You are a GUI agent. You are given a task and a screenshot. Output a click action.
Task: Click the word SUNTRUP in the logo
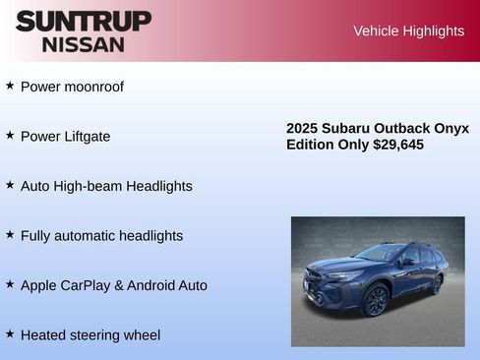point(84,21)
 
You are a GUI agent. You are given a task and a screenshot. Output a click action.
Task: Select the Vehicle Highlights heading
point(408,31)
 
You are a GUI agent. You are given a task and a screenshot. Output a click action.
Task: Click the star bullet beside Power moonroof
point(10,86)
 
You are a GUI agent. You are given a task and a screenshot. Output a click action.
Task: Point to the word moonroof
point(93,87)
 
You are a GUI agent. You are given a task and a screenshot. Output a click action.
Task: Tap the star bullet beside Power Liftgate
point(10,135)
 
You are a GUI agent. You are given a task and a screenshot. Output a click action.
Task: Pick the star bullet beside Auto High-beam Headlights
point(10,185)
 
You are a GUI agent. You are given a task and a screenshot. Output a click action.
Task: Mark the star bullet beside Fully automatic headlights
point(10,234)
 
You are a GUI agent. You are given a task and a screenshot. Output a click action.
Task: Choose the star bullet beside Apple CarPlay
point(10,284)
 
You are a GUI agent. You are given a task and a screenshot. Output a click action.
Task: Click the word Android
point(156,285)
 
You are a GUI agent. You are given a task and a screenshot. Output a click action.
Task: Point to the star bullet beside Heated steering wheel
point(10,333)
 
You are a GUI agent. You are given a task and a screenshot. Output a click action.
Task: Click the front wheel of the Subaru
point(375,301)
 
